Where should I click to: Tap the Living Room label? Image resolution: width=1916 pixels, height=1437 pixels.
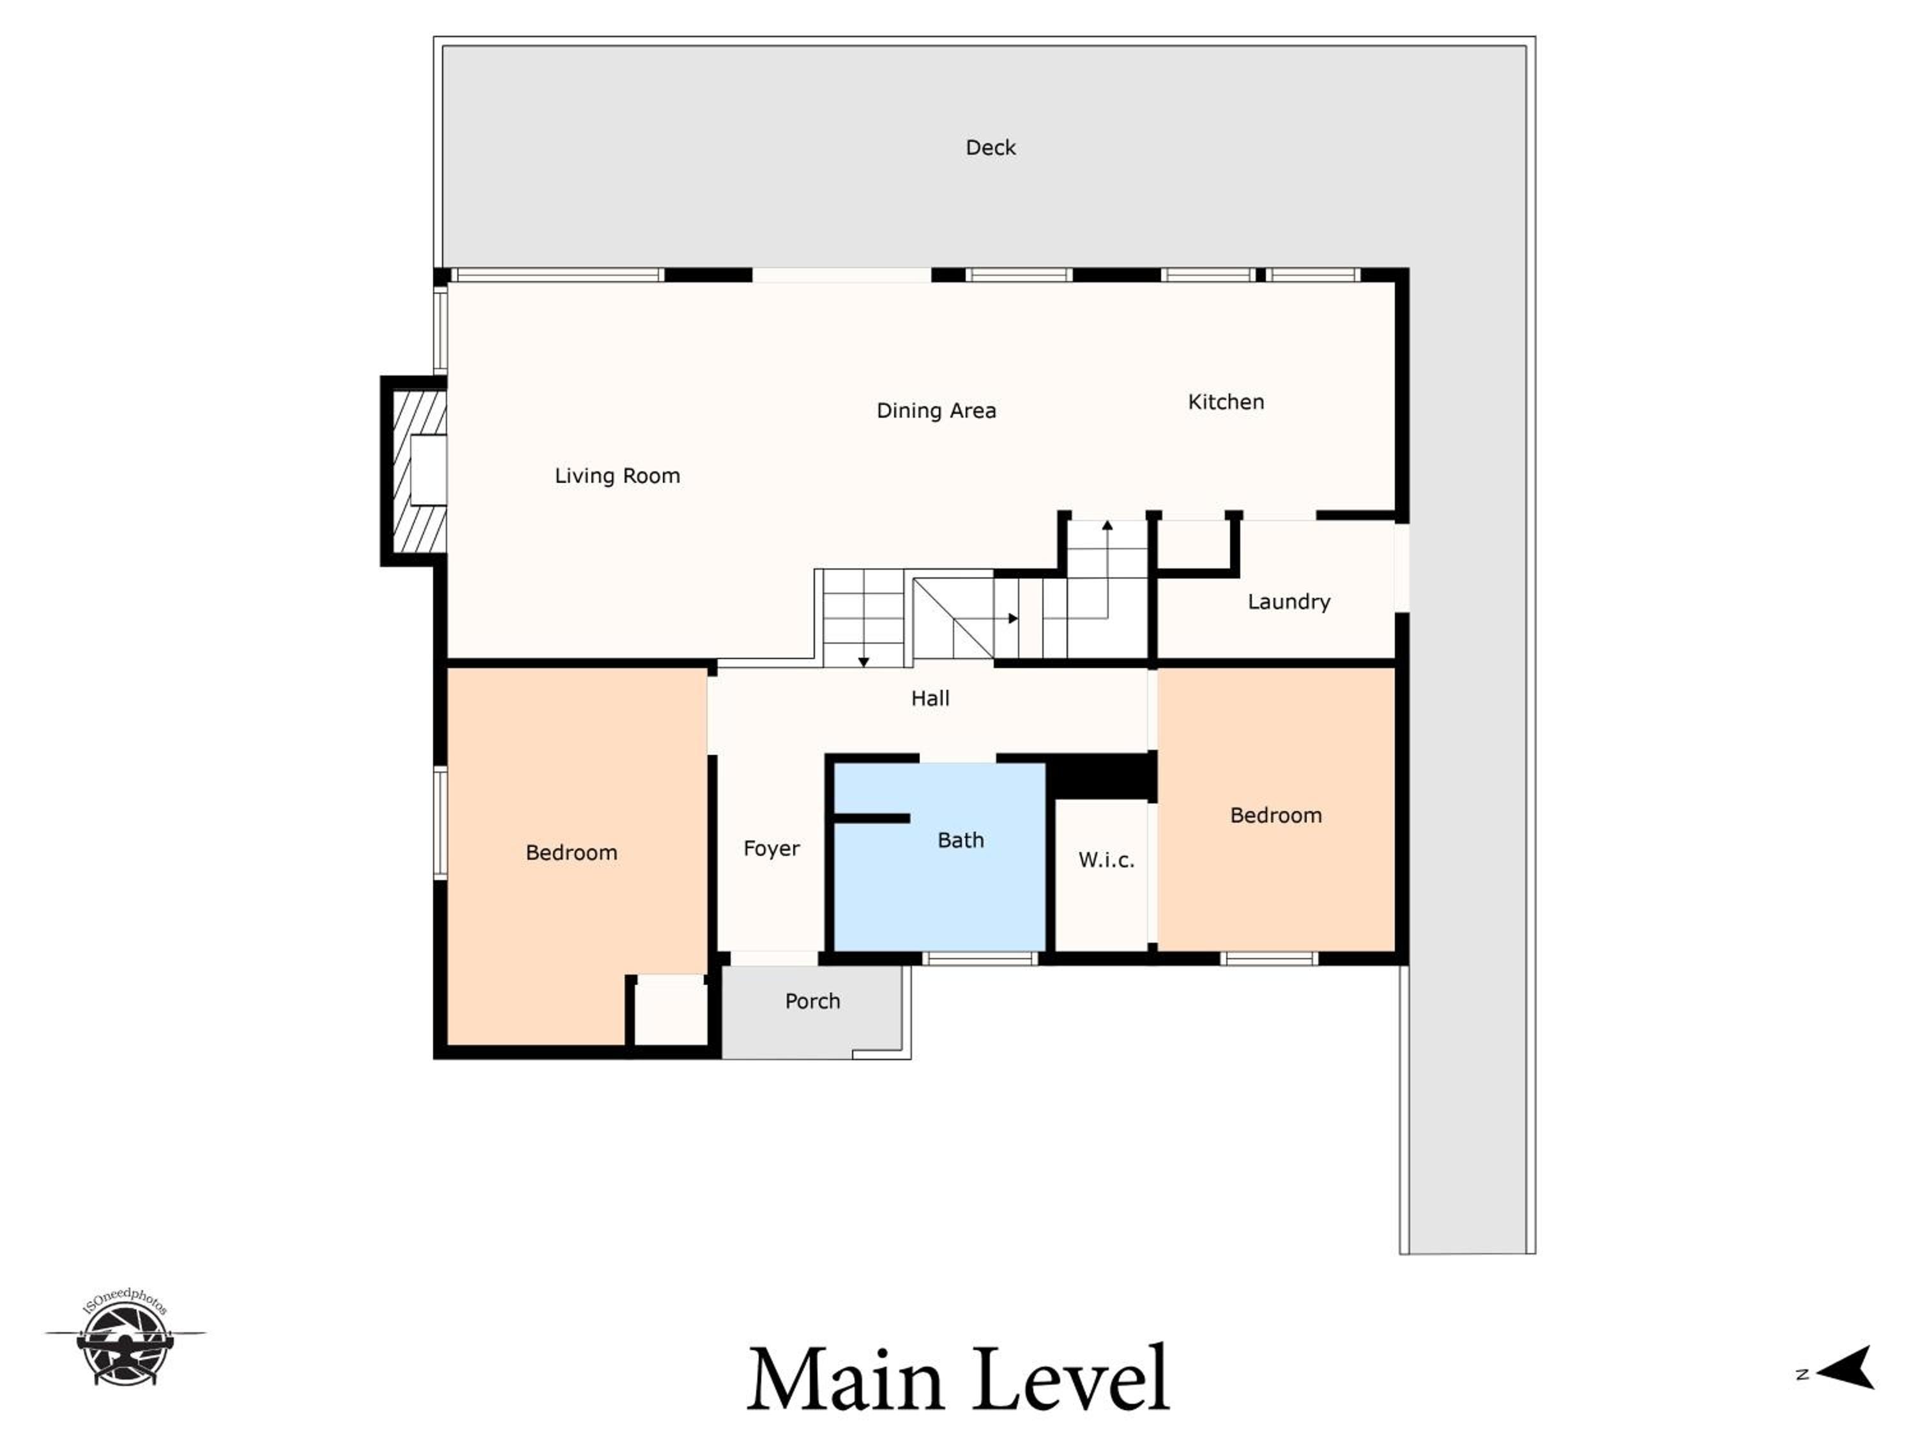[x=617, y=476]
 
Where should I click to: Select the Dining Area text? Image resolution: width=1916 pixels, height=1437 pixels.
[x=936, y=411]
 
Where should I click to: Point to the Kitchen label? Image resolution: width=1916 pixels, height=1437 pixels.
[x=1226, y=402]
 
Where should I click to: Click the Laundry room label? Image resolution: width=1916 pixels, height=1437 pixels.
[x=1289, y=602]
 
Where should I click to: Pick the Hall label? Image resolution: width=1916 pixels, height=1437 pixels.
[x=931, y=698]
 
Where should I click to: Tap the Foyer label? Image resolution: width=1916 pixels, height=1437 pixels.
[x=771, y=849]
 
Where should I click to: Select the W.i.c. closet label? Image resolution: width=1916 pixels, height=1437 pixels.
[x=1106, y=860]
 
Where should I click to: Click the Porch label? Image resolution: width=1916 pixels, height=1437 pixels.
[x=812, y=1001]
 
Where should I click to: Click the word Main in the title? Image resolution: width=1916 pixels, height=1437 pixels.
[x=846, y=1379]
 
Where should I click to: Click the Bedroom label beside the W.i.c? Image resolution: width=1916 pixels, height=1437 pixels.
[x=1276, y=815]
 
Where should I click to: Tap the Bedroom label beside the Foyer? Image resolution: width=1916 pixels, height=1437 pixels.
[x=572, y=853]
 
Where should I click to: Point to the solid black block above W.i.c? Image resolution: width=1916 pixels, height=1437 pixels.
[x=1102, y=776]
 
